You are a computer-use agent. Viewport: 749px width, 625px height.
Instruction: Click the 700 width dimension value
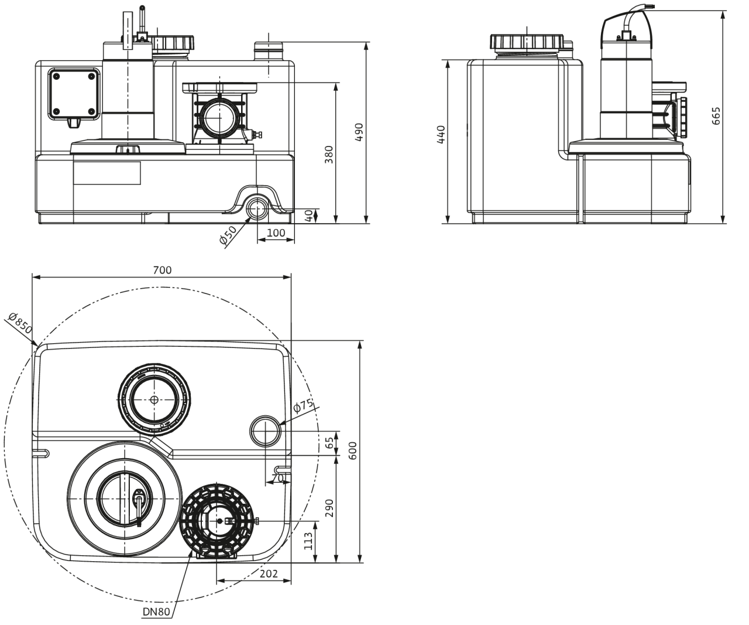pos(162,270)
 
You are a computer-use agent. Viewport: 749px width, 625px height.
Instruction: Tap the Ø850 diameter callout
pos(20,322)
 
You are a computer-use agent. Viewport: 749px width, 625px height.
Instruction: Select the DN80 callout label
pos(156,612)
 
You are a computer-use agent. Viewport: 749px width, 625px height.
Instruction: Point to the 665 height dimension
pos(716,115)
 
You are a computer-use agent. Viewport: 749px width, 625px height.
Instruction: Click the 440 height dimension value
pos(441,134)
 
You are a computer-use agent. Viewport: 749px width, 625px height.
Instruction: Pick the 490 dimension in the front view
pos(359,132)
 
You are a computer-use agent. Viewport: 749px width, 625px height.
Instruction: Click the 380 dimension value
pos(329,155)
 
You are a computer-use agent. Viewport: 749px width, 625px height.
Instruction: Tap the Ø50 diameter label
pos(228,235)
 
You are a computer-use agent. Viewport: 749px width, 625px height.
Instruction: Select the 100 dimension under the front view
pos(276,233)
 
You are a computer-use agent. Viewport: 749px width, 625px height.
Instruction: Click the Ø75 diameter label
pos(303,405)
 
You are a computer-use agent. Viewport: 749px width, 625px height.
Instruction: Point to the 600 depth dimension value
pos(353,451)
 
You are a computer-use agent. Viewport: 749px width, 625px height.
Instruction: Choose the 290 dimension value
pos(329,508)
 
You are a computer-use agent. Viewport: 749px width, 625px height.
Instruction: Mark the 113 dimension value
pos(308,541)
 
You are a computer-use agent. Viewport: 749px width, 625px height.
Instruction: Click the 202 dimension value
pos(269,573)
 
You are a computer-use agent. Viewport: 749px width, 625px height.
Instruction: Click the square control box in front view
pos(74,94)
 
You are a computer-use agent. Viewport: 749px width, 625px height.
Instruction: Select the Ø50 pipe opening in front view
pos(256,207)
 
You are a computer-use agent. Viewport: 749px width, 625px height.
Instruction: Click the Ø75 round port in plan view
pos(266,431)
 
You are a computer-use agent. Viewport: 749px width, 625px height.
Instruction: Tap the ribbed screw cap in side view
pos(527,42)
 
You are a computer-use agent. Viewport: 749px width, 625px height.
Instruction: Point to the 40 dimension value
pos(309,216)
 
